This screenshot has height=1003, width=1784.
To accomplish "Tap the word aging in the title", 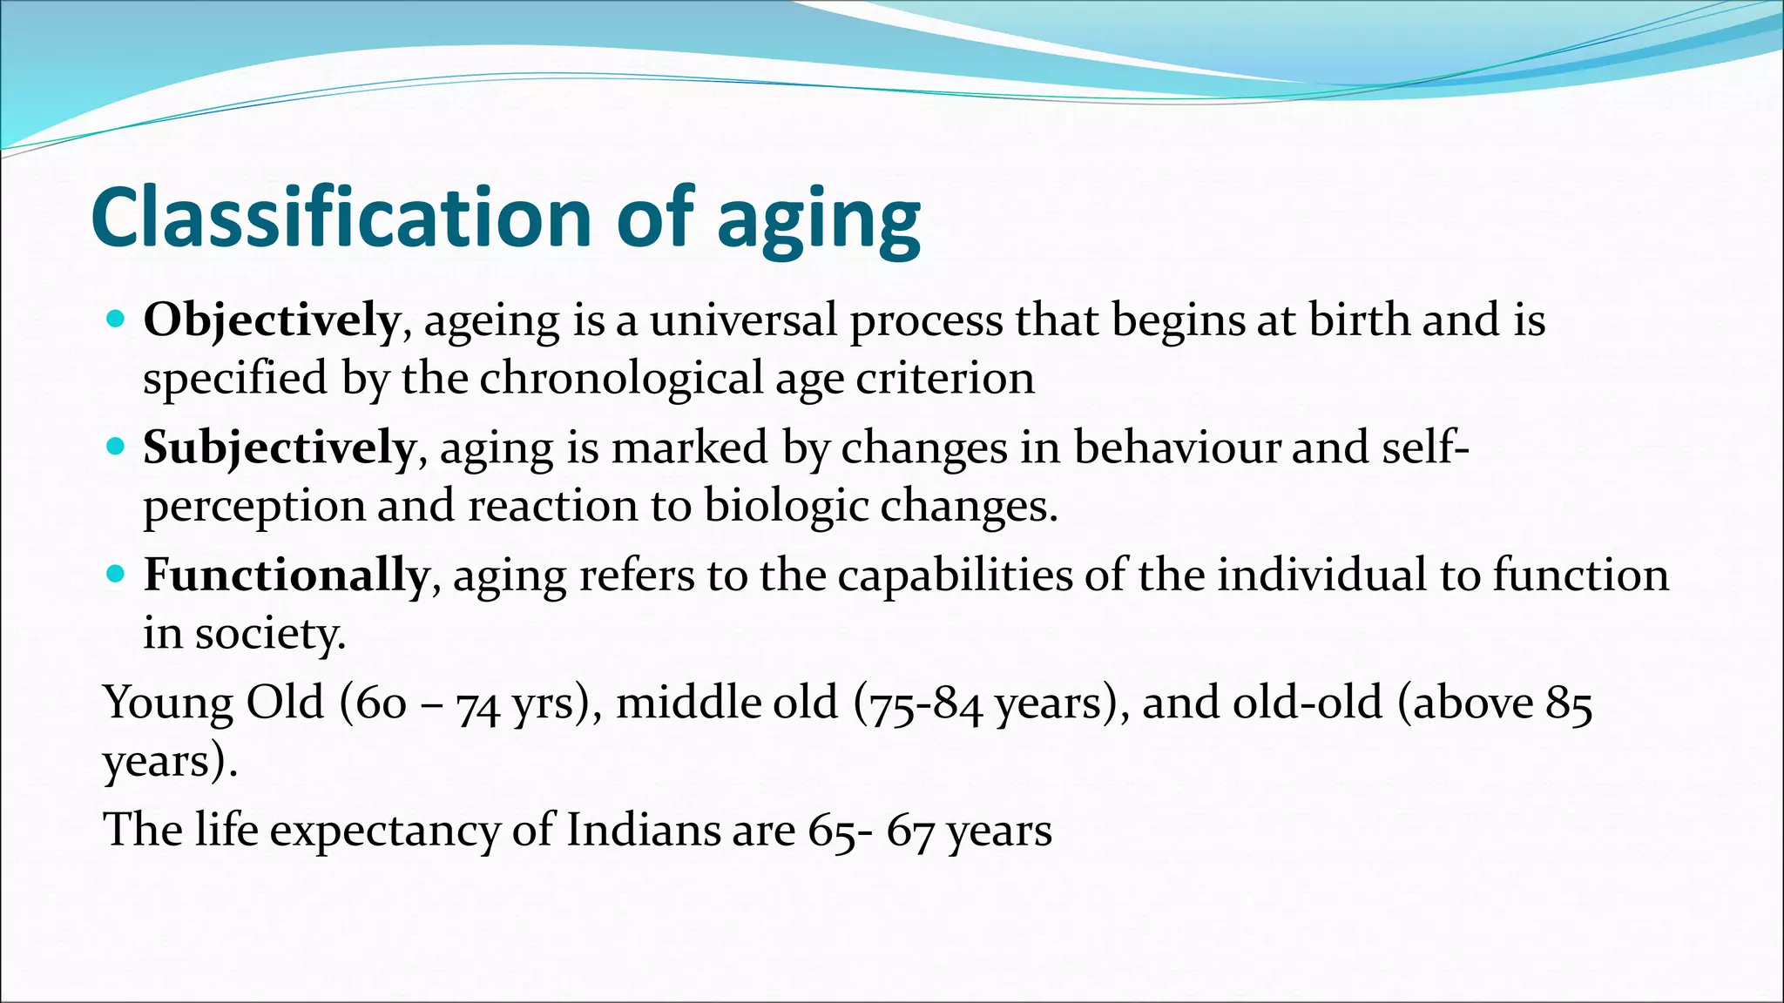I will [818, 222].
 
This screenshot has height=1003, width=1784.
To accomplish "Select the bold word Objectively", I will [271, 321].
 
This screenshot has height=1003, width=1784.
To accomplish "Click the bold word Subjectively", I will [279, 449].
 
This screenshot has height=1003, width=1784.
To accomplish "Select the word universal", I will [744, 320].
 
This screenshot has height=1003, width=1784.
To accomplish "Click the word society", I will [269, 634].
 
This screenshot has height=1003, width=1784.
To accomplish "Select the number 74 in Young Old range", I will [477, 704].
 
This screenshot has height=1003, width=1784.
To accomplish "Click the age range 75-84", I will [923, 704].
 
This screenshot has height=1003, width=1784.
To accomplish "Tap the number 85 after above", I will [1569, 704].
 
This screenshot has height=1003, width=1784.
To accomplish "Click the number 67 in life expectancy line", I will [911, 831].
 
